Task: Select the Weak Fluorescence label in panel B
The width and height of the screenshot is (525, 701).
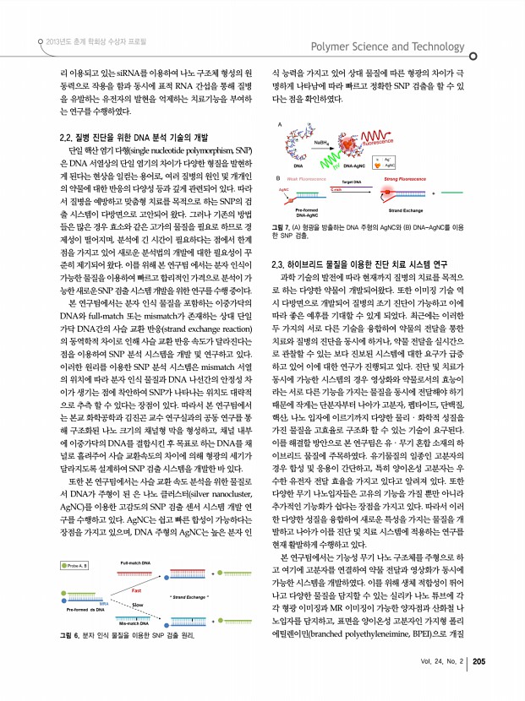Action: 309,178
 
